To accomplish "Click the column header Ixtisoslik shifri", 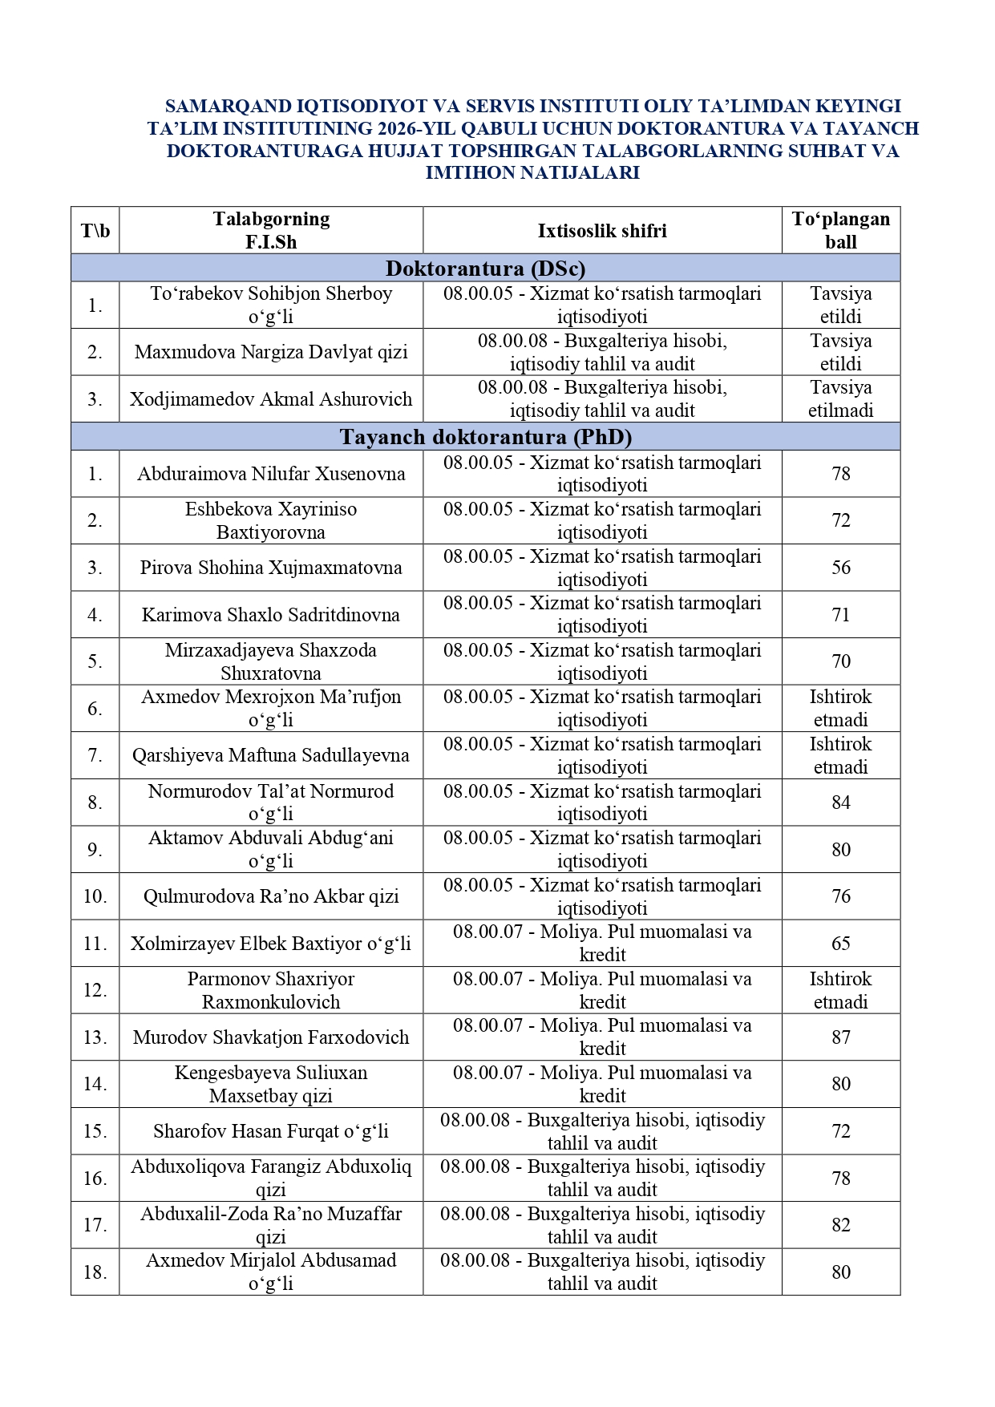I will [602, 231].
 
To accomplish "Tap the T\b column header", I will [95, 231].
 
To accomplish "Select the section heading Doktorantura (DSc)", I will [485, 268].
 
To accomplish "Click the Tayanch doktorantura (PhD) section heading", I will [485, 437].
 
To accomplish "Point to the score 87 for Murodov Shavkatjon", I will [840, 1037].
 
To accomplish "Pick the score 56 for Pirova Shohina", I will [840, 568].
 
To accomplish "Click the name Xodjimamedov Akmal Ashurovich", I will [271, 399].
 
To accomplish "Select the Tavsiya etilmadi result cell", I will [840, 399].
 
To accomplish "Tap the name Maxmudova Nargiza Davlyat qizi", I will [271, 352].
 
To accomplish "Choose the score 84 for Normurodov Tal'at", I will [840, 803].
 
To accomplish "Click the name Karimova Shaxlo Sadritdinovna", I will [271, 615].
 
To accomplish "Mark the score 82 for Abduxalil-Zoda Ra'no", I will [840, 1225].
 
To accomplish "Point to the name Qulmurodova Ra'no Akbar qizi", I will [271, 896].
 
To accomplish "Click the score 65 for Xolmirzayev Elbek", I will [840, 944].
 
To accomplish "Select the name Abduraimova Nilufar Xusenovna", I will [271, 474].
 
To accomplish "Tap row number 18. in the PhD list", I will [95, 1272].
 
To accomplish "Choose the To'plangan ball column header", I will [840, 231].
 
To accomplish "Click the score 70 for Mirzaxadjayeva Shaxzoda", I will [840, 661].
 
